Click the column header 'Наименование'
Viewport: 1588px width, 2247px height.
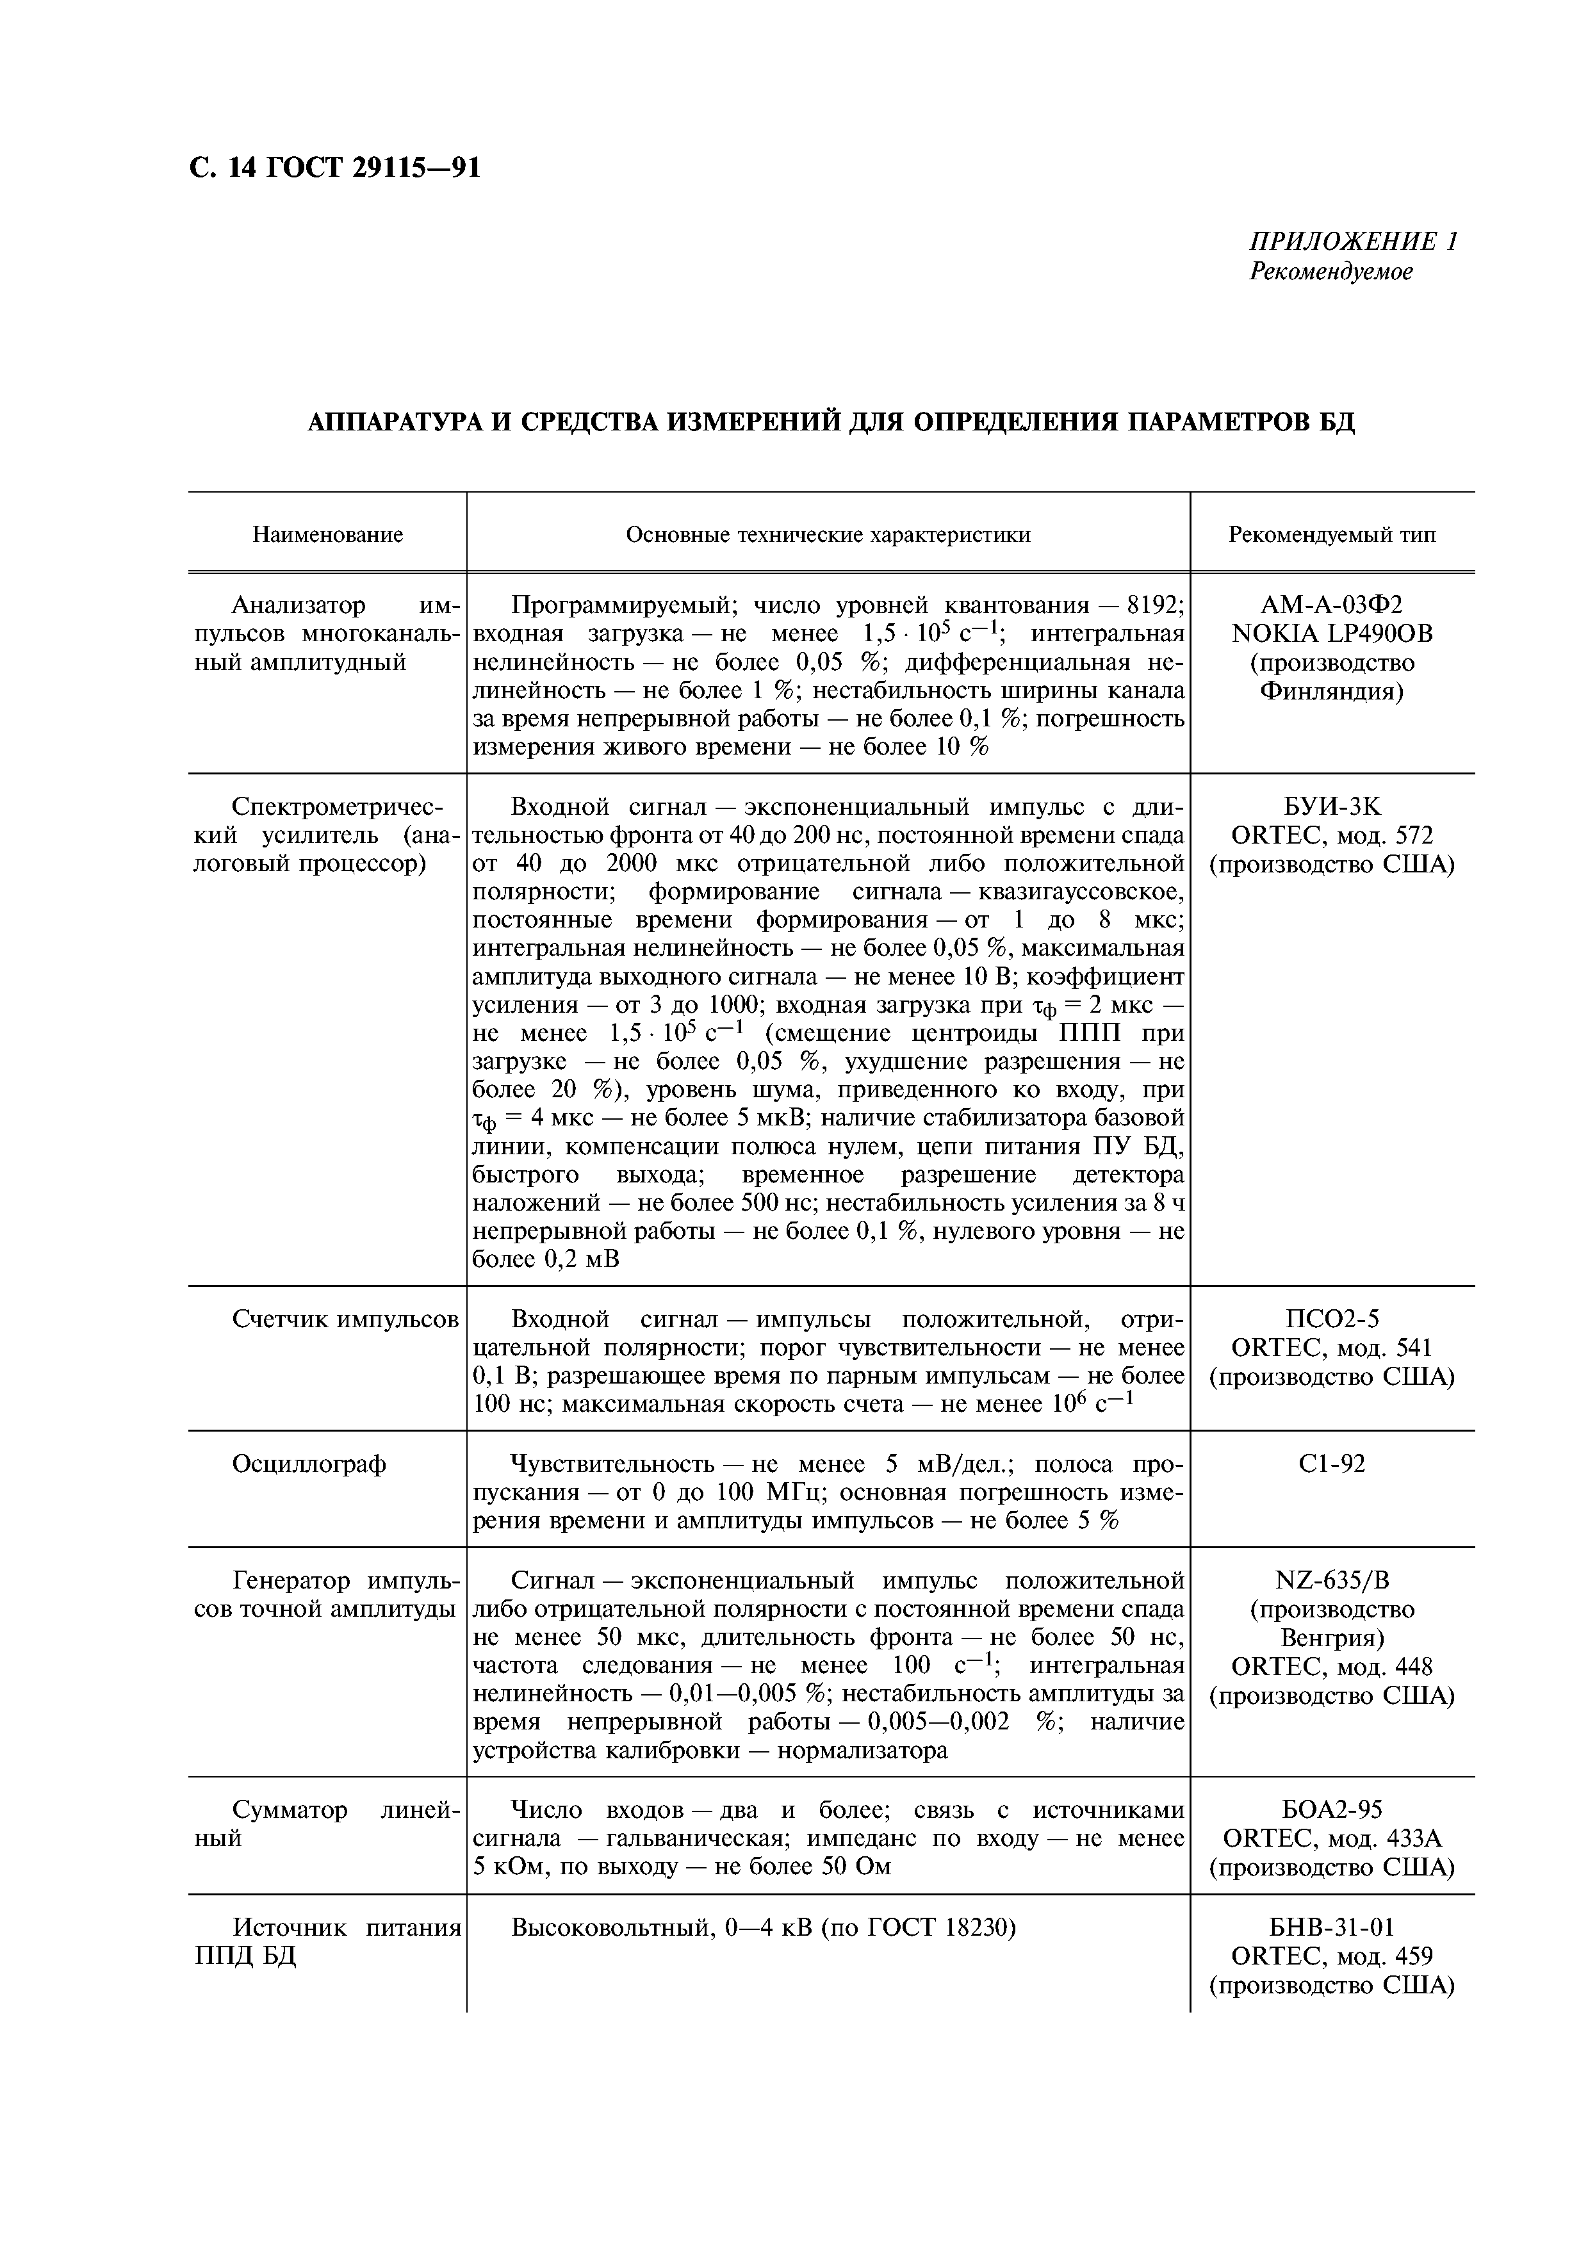click(328, 534)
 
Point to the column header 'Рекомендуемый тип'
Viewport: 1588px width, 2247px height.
click(1332, 534)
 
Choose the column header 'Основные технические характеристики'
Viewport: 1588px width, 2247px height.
click(828, 534)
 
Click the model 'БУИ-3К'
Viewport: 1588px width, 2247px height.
click(1332, 807)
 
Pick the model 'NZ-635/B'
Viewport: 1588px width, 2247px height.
click(1332, 1581)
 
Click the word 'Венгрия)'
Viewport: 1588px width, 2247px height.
click(1332, 1637)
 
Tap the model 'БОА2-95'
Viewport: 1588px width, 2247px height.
click(1332, 1810)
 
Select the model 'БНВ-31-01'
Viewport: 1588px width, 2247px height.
click(1332, 1927)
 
